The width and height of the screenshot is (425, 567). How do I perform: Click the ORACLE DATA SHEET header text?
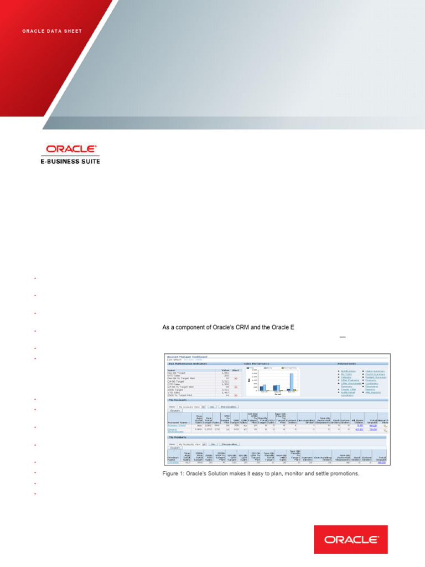tap(52, 31)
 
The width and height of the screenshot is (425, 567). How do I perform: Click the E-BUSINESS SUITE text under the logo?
tap(72, 161)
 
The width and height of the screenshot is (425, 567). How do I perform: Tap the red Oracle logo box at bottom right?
tap(351, 539)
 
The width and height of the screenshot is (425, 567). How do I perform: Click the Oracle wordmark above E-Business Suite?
tap(71, 149)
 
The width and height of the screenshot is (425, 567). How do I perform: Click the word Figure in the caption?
tap(172, 474)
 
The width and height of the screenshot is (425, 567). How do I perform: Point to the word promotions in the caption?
tap(343, 474)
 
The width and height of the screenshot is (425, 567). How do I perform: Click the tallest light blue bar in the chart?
tap(292, 382)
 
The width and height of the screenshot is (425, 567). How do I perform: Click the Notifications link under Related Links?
tap(348, 370)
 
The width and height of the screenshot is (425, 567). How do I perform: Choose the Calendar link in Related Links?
tap(346, 377)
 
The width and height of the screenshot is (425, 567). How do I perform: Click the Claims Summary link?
tap(375, 370)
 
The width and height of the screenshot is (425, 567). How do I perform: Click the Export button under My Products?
tap(175, 448)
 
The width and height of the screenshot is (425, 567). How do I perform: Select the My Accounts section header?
tap(176, 400)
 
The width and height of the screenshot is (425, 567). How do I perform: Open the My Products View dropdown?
tap(191, 444)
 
